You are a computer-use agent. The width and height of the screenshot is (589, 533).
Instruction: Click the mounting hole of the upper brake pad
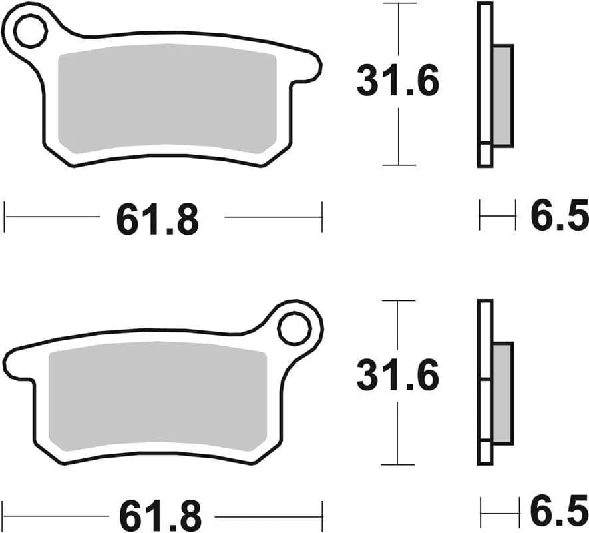pyautogui.click(x=30, y=32)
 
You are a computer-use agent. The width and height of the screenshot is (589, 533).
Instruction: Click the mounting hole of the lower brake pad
pyautogui.click(x=294, y=328)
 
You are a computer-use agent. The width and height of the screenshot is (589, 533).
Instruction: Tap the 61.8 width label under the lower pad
pyautogui.click(x=160, y=514)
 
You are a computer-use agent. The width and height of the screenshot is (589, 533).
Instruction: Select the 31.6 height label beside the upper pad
pyautogui.click(x=397, y=83)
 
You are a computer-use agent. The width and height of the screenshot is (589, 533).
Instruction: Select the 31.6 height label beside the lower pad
pyautogui.click(x=397, y=376)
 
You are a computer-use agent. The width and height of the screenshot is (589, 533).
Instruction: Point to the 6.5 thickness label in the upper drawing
pyautogui.click(x=559, y=217)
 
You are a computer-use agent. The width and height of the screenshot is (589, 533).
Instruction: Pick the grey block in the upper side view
pyautogui.click(x=503, y=95)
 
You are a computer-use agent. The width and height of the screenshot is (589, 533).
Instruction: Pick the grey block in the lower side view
pyautogui.click(x=503, y=394)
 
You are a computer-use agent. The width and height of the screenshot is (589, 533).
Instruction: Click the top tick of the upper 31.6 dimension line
pyautogui.click(x=397, y=3)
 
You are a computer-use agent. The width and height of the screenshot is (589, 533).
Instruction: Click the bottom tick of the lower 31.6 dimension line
pyautogui.click(x=397, y=464)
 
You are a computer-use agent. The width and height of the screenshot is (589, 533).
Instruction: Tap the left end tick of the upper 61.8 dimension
pyautogui.click(x=5, y=217)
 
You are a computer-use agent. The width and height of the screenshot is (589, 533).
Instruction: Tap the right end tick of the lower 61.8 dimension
pyautogui.click(x=322, y=515)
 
